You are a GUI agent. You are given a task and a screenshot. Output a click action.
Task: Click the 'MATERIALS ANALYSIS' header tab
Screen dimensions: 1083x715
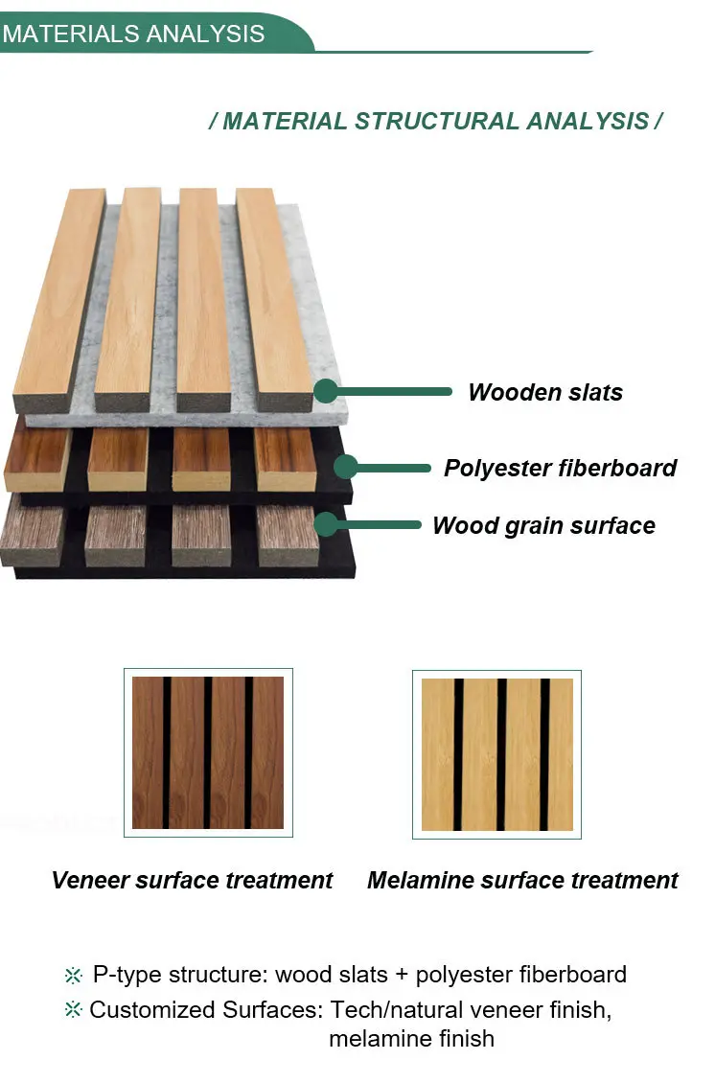134,35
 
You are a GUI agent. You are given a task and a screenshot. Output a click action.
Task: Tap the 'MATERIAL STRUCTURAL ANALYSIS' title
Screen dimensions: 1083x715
436,122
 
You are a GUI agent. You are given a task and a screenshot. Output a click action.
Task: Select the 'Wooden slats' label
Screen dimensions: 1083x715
544,392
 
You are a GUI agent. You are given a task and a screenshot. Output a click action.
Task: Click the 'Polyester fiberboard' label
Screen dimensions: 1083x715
560,468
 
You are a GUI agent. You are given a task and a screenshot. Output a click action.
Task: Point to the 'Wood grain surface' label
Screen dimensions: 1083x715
543,525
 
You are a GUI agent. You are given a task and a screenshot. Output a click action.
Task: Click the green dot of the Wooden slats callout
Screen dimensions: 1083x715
326,391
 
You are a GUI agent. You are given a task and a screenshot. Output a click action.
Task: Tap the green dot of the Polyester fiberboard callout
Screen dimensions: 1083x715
346,468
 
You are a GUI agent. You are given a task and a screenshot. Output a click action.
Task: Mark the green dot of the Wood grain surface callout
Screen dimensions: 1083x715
326,524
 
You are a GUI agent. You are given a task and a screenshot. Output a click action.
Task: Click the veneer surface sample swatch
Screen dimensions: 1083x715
208,752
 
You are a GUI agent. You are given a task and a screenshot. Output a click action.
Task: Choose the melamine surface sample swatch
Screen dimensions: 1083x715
496,753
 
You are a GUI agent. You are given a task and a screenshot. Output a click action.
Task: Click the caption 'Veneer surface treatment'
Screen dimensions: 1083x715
192,880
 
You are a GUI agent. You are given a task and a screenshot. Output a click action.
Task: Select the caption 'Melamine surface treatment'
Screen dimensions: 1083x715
522,880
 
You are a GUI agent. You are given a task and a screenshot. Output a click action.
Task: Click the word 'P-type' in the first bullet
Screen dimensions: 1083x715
127,975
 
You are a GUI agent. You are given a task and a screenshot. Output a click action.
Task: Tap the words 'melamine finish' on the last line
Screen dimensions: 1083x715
411,1038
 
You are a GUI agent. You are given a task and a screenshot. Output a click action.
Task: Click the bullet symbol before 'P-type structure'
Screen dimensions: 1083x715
74,976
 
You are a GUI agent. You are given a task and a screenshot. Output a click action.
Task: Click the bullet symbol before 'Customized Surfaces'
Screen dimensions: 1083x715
74,1010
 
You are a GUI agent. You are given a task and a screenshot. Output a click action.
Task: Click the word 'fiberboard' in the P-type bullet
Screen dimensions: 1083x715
572,975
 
